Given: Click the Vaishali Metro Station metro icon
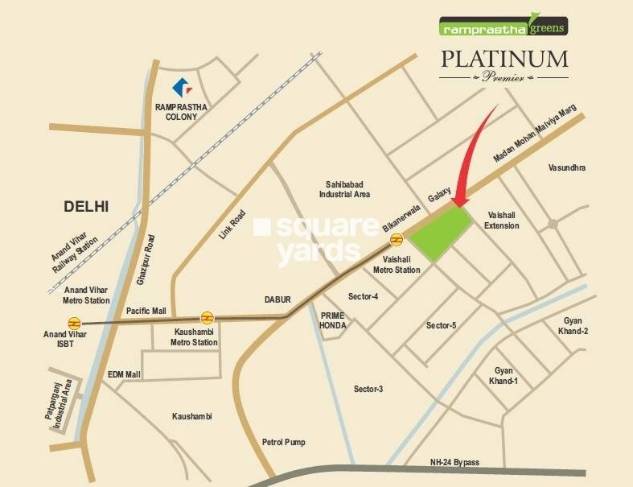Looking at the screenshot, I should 397,239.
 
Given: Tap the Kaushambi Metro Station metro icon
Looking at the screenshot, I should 207,316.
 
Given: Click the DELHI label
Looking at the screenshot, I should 86,207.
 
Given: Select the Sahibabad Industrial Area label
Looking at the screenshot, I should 344,188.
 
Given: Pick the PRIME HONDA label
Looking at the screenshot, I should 333,320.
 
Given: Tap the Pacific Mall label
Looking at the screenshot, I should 146,310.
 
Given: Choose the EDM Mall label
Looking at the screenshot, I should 124,375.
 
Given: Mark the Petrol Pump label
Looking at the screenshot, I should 284,442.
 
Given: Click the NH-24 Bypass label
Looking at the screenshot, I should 454,462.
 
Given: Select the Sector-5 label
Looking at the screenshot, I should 442,325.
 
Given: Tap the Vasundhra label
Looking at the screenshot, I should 567,167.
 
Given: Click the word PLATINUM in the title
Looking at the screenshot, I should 504,59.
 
